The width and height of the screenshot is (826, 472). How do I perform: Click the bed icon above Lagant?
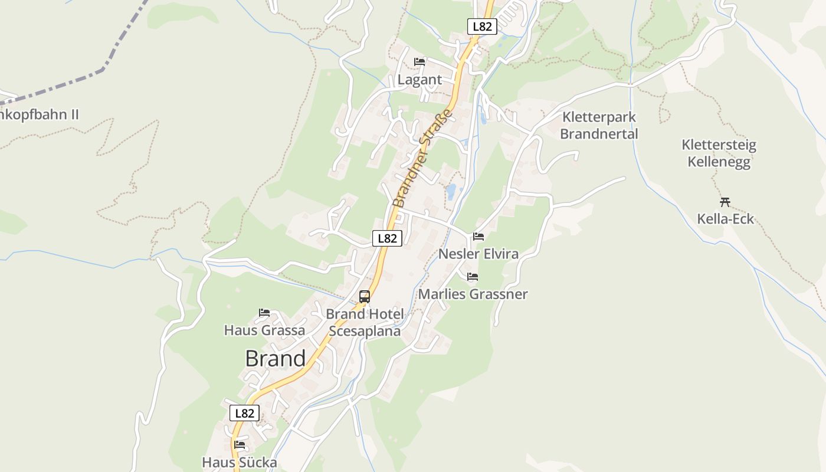pyautogui.click(x=419, y=61)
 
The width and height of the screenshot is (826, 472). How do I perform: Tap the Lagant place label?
pyautogui.click(x=419, y=80)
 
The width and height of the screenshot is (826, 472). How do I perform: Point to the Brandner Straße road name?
pyautogui.click(x=422, y=158)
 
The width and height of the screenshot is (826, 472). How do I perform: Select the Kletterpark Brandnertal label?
pyautogui.click(x=599, y=125)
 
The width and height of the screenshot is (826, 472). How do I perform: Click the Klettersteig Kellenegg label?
pyautogui.click(x=719, y=153)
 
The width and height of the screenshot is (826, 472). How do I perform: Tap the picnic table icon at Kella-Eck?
pyautogui.click(x=725, y=202)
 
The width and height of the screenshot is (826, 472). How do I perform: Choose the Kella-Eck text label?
pyautogui.click(x=726, y=219)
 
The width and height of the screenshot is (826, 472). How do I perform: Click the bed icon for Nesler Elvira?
pyautogui.click(x=478, y=237)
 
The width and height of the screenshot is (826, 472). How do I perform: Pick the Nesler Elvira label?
pyautogui.click(x=478, y=254)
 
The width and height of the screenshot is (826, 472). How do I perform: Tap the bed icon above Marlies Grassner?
pyautogui.click(x=473, y=276)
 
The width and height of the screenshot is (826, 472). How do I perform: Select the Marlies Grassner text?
pyautogui.click(x=473, y=293)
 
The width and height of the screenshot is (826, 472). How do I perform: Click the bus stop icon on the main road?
pyautogui.click(x=365, y=296)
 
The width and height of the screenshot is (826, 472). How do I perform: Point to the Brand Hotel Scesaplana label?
pyautogui.click(x=365, y=322)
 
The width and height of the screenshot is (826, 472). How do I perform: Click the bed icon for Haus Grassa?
pyautogui.click(x=264, y=312)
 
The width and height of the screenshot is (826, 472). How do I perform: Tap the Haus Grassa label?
pyautogui.click(x=264, y=330)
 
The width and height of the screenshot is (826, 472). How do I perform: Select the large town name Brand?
pyautogui.click(x=276, y=358)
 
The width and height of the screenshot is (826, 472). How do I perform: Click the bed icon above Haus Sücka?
pyautogui.click(x=240, y=444)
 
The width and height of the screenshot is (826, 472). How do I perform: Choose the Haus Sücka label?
pyautogui.click(x=240, y=462)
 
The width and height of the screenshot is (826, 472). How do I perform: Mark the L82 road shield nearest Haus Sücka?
pyautogui.click(x=244, y=413)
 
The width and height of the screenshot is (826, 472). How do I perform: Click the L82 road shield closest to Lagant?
pyautogui.click(x=482, y=26)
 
